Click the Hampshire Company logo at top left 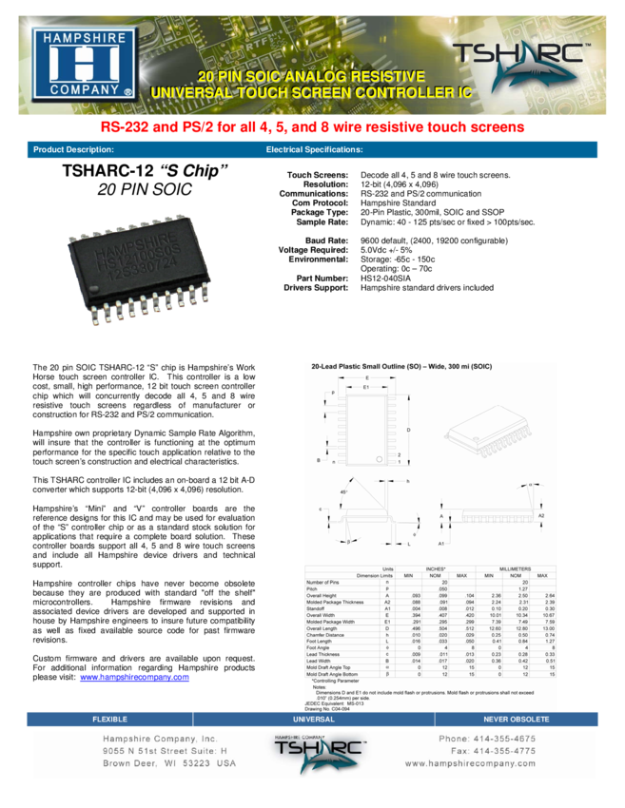coord(85,64)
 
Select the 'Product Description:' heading coord(73,150)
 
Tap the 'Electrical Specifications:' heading coord(314,150)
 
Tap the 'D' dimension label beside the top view coord(409,431)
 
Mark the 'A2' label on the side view coord(541,515)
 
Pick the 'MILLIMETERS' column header coord(515,568)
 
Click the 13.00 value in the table coord(542,628)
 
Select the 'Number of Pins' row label coord(322,582)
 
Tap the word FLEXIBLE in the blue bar coord(108,720)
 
